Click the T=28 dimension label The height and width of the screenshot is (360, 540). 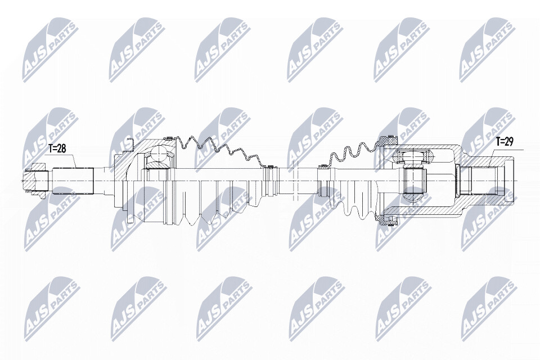[x=56, y=148]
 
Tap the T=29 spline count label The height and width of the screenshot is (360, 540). [x=504, y=142]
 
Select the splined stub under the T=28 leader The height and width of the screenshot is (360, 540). [x=73, y=181]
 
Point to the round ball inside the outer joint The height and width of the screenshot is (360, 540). [x=159, y=154]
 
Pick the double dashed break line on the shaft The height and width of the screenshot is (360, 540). [x=294, y=181]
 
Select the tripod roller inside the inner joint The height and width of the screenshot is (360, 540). [x=413, y=157]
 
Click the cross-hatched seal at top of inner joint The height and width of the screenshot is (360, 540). [x=388, y=141]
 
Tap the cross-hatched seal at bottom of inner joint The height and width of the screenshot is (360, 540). [x=387, y=219]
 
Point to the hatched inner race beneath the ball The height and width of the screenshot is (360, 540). [x=158, y=166]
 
